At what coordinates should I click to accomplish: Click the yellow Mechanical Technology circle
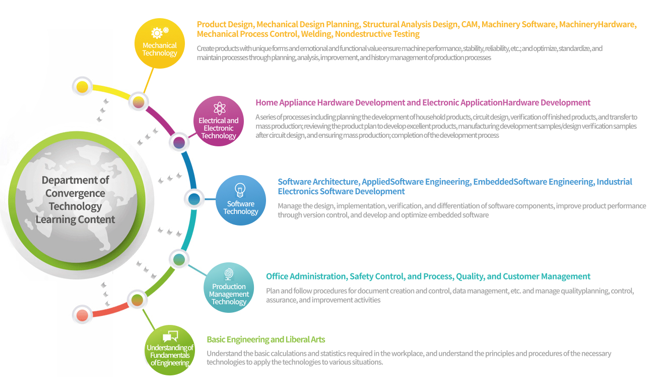tap(160, 43)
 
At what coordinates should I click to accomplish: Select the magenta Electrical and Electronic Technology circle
tap(219, 121)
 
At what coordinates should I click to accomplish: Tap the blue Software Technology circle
tap(241, 200)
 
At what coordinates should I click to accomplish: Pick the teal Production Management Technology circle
tap(229, 288)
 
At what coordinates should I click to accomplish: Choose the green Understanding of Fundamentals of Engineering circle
tap(170, 350)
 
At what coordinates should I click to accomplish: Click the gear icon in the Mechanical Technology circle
tap(159, 33)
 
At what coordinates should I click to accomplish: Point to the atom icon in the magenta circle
tap(220, 108)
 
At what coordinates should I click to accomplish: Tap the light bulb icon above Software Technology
tap(240, 190)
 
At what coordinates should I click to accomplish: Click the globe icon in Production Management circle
tap(228, 274)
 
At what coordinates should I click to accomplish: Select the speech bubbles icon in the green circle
tap(170, 336)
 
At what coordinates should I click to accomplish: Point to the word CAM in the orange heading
tap(471, 24)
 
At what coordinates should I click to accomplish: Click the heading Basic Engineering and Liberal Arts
tap(266, 340)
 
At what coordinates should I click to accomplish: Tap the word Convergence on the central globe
tap(75, 193)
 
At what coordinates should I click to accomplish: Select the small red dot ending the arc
tap(82, 315)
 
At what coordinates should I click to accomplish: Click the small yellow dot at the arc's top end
tap(82, 87)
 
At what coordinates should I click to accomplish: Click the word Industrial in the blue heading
tap(614, 182)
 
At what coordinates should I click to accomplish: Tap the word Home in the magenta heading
tap(267, 102)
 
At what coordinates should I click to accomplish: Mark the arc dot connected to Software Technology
tap(194, 199)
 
